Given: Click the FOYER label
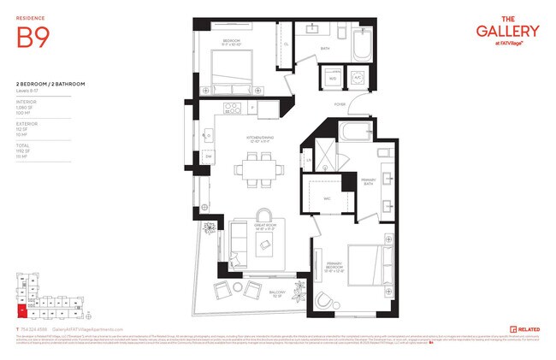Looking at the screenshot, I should [x=340, y=104].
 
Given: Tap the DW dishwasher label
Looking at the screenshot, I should [x=208, y=156].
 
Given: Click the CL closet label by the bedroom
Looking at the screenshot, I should [x=286, y=44].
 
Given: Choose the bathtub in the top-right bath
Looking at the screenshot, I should [x=358, y=44].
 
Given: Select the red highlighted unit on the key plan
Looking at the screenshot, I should [x=23, y=310].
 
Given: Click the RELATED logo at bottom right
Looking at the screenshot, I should [x=525, y=328].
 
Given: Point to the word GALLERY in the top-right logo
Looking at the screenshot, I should [x=508, y=31].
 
